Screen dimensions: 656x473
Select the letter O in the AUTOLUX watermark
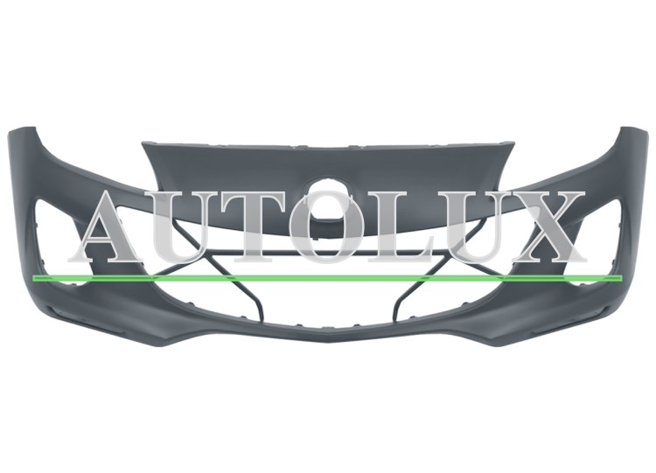330,228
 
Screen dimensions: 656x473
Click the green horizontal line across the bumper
327,278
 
